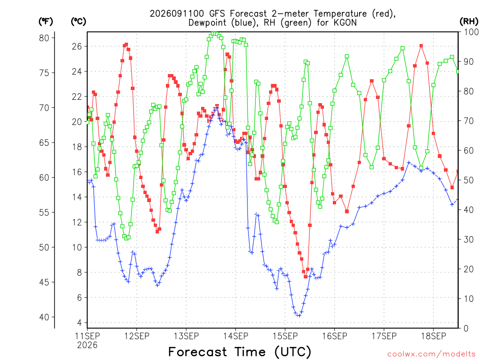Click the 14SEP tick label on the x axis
[x=236, y=336]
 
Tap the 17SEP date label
[x=384, y=336]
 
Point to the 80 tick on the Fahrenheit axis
[x=44, y=38]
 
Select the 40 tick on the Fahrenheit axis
[x=44, y=317]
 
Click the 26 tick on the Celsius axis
[x=77, y=46]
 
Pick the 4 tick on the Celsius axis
[x=80, y=322]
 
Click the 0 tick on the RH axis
[x=466, y=329]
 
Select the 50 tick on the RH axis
[x=469, y=180]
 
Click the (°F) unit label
[x=45, y=22]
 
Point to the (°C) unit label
[x=78, y=22]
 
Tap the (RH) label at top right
[x=469, y=21]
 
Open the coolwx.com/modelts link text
[x=431, y=354]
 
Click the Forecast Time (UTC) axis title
[x=240, y=352]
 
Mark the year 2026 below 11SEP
[x=87, y=345]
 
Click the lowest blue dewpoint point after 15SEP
[x=299, y=315]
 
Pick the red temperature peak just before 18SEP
[x=421, y=45]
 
